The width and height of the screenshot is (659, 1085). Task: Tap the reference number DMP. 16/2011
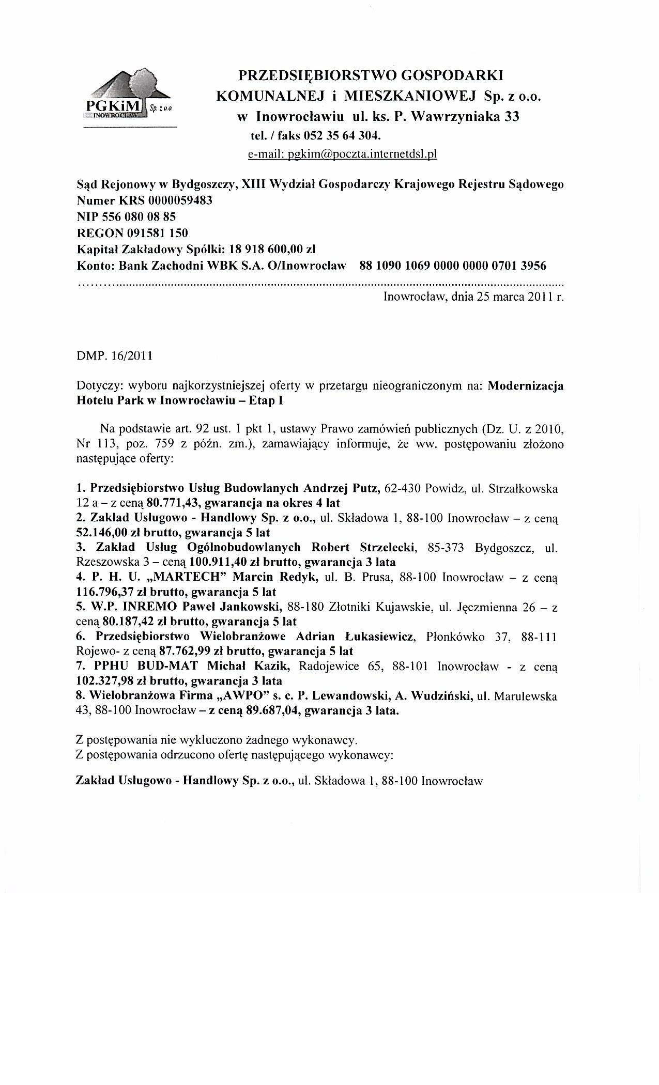pos(114,357)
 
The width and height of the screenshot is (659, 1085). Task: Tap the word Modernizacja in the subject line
pos(526,386)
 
